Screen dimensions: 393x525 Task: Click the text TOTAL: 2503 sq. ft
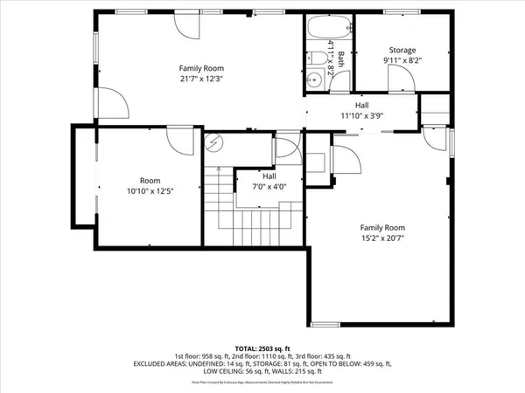[262, 348]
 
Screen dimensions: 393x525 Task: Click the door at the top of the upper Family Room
[187, 24]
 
